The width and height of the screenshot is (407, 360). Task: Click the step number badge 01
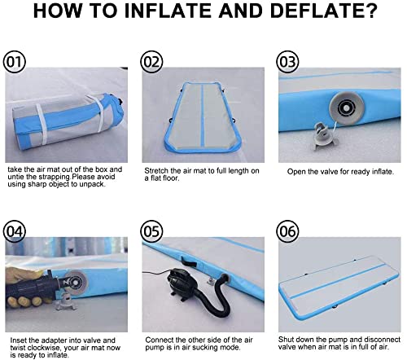coord(15,61)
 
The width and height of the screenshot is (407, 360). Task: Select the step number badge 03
coord(288,61)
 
